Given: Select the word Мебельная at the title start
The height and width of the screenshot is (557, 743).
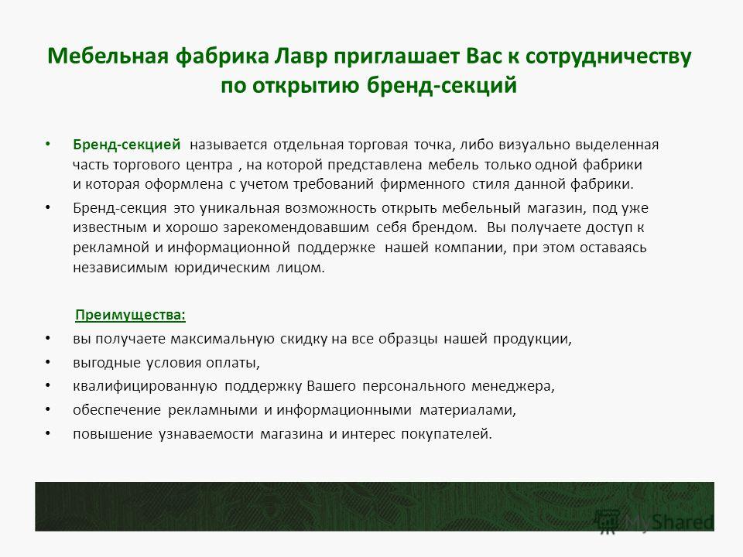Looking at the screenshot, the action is coord(108,56).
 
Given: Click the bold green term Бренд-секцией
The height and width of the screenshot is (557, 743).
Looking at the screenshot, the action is coord(126,145).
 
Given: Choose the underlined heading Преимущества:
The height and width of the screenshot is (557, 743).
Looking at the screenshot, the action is coord(130,316).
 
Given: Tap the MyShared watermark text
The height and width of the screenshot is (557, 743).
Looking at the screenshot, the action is coord(669,522).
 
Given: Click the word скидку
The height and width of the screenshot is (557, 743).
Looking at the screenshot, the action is coord(303,339).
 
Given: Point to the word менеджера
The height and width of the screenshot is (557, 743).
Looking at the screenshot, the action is coord(512,387).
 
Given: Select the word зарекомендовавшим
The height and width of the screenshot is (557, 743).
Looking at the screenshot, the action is coord(296,227).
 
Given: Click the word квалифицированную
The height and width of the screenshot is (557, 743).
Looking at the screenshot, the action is coord(145,387).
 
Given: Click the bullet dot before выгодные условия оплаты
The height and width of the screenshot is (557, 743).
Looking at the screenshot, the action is coord(47,362).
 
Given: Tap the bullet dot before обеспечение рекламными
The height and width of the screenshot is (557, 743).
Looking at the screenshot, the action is coord(47,409).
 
